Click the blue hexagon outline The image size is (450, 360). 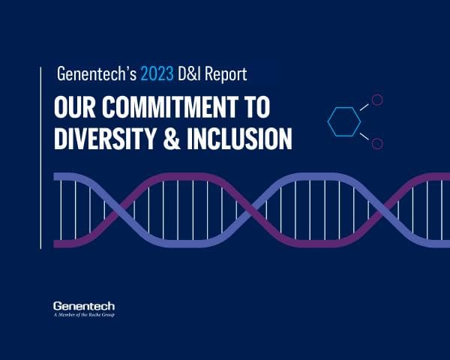coord(345,121)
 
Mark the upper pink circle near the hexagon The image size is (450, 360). coord(378,99)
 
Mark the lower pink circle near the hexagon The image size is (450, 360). coord(378,142)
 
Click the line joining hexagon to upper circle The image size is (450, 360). coord(364,107)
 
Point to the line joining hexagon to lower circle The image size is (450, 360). coord(364,135)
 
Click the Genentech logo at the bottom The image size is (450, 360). coord(84,305)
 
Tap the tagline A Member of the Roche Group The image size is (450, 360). coord(84,314)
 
